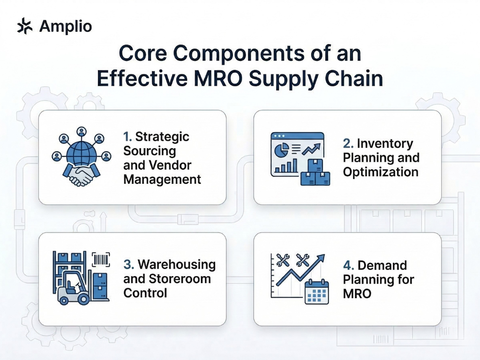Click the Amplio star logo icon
coord(24,26)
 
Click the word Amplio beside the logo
coord(66,26)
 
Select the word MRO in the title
coord(218,78)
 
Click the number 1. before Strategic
coord(127,137)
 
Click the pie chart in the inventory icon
coord(281,150)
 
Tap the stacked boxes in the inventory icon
coord(315,173)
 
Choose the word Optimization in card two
coord(380,172)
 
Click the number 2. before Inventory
coord(348,143)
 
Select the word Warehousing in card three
coord(177,265)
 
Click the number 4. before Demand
coord(348,266)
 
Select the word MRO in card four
coord(357,294)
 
